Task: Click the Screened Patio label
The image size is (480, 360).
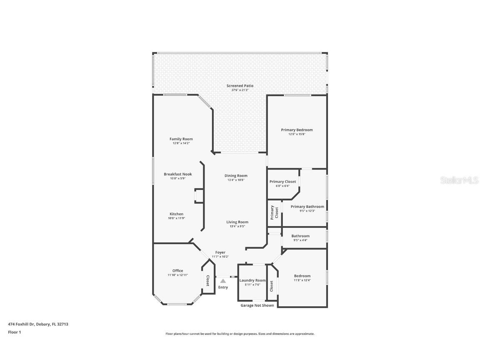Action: tap(240, 86)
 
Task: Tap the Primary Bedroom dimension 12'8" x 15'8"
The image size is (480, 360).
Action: tap(297, 134)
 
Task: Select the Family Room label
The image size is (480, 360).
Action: tap(181, 139)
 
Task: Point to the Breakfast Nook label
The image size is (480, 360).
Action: tap(177, 174)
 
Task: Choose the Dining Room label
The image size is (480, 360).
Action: tap(236, 176)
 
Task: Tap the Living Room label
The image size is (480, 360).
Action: tap(237, 222)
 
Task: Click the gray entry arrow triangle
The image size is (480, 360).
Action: tap(223, 281)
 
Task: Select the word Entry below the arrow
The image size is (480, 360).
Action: tap(223, 287)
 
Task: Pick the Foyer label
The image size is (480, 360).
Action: tap(220, 252)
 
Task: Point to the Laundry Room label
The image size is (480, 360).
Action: tap(252, 280)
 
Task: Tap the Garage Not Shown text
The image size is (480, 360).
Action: tap(257, 305)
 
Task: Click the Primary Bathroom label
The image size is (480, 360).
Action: tap(307, 207)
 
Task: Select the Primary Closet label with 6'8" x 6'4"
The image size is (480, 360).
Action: tap(282, 182)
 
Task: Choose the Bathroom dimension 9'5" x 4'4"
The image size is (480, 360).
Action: tap(300, 240)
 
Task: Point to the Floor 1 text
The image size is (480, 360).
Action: tap(14, 332)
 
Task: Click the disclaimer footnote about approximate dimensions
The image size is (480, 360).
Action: tap(240, 334)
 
